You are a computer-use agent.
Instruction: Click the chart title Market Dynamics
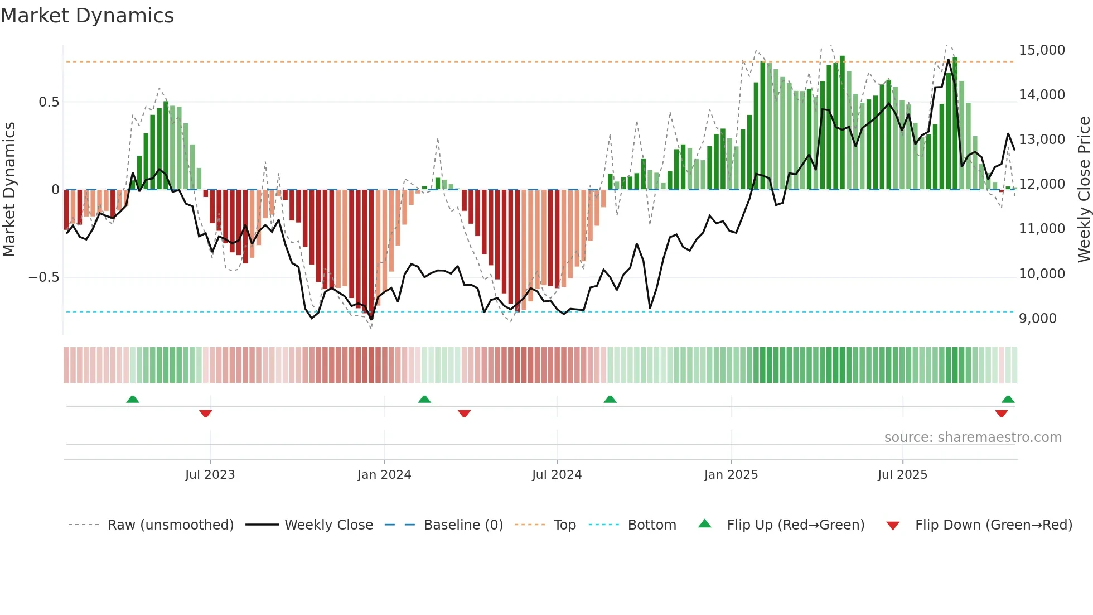tap(88, 16)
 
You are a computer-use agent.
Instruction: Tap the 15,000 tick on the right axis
tap(1042, 50)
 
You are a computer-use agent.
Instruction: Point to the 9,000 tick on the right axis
tap(1037, 319)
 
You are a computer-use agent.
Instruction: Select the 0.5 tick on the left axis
tap(49, 102)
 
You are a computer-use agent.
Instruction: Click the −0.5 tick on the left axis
tap(43, 277)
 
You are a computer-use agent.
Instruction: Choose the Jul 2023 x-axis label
tap(210, 475)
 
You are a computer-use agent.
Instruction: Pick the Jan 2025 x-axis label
tap(731, 475)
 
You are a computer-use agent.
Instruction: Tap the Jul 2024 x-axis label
tap(557, 475)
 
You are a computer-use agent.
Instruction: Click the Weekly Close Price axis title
tap(1084, 189)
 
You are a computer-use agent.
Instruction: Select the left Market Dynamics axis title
tap(9, 189)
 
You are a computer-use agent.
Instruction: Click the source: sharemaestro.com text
tap(973, 438)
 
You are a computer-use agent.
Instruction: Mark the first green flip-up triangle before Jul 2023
tap(133, 400)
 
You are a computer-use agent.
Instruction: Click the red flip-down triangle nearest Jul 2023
tap(206, 414)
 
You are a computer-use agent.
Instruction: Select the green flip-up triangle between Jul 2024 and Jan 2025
tap(610, 400)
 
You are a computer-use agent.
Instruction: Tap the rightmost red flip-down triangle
tap(1001, 414)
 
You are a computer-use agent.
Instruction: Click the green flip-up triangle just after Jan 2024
tap(424, 400)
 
